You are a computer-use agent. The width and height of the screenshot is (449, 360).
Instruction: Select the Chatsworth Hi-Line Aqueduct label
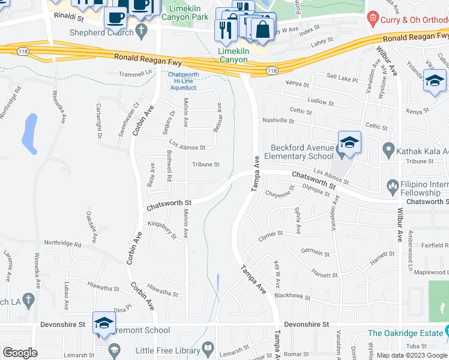tap(186, 80)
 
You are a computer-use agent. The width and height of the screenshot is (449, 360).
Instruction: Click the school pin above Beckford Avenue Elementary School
tap(349, 143)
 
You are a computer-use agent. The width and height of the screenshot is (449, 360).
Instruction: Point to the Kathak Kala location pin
tap(388, 149)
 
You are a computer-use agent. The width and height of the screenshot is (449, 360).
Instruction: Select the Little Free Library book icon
tap(208, 348)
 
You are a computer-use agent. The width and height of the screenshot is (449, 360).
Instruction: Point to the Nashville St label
tap(278, 121)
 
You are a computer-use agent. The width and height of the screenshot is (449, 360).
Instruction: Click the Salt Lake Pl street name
tap(342, 79)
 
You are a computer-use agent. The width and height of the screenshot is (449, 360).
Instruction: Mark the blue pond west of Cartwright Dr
tap(29, 133)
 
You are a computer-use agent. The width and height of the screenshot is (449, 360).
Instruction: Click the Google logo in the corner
tap(20, 353)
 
